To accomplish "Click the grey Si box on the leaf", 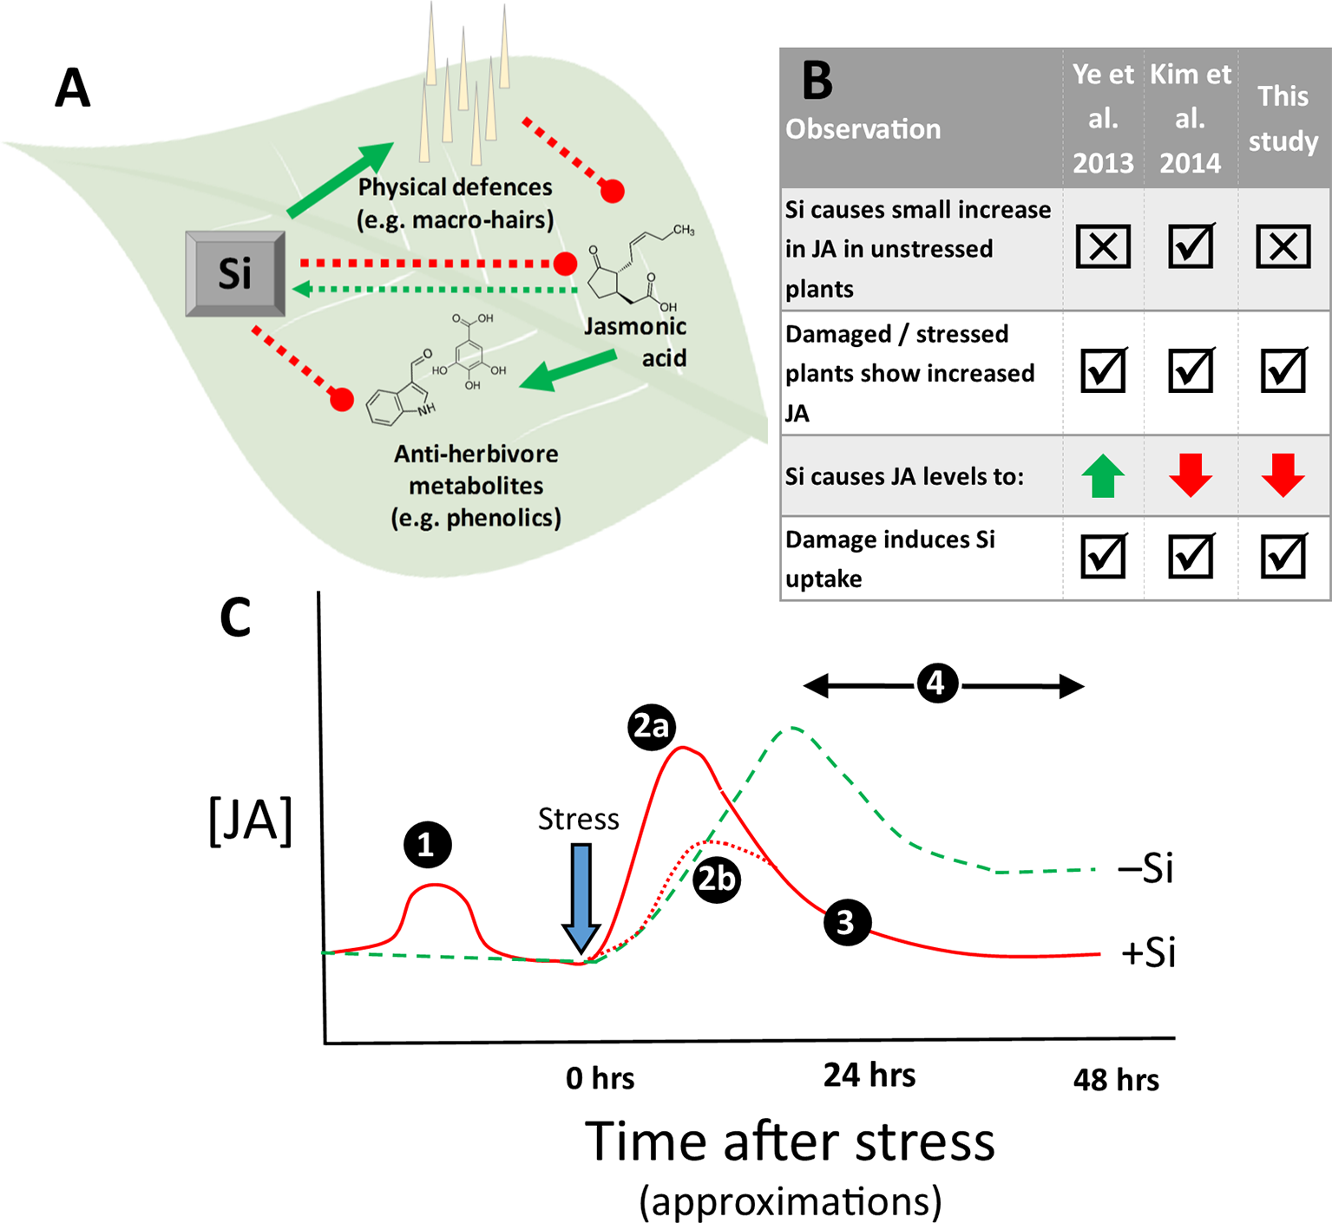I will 235,273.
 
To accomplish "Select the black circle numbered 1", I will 427,844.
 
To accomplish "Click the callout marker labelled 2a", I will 652,727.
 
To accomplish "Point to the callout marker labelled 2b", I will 717,880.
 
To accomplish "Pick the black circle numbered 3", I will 846,922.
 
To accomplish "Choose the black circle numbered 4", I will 936,683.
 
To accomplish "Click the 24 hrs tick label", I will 869,1076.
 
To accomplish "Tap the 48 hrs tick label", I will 1116,1080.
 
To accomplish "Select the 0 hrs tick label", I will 600,1078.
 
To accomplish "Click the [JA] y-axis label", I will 251,820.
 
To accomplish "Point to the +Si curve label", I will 1148,952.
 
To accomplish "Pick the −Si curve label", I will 1146,868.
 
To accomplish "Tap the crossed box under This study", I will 1283,247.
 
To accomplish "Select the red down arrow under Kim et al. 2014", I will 1191,475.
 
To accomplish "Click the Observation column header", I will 863,129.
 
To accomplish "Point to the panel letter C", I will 235,618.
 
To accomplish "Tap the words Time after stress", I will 790,1142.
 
